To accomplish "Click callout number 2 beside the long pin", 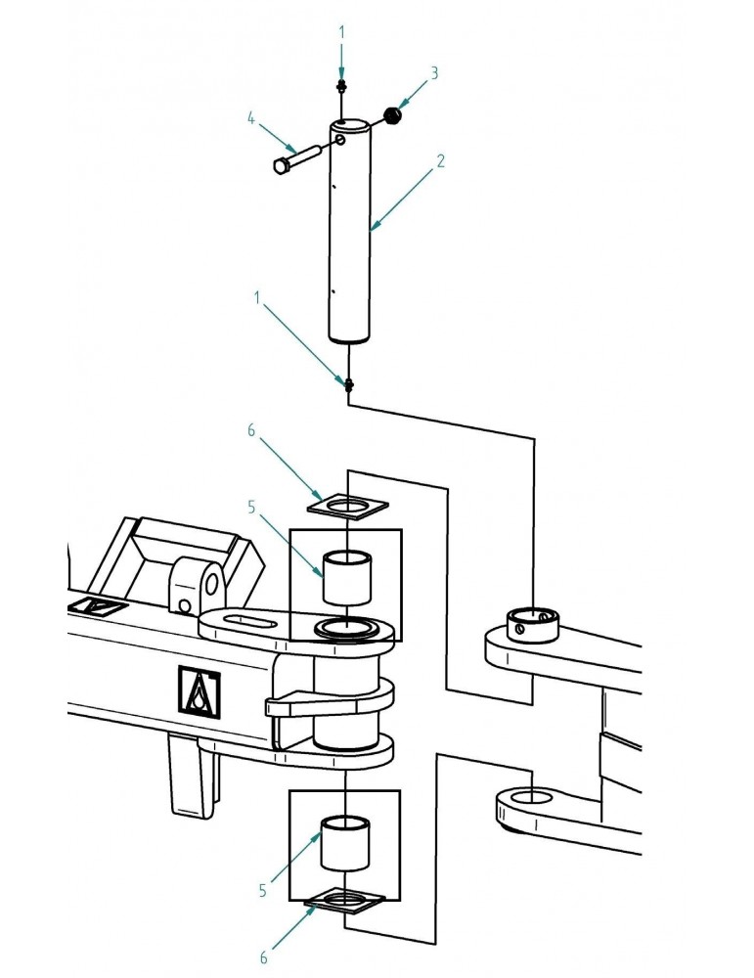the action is click(x=440, y=161).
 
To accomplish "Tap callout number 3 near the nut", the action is click(x=434, y=73).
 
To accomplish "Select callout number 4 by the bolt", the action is click(x=251, y=118).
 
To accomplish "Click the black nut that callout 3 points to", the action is click(x=392, y=115).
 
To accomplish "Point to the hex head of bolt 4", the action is click(x=280, y=165).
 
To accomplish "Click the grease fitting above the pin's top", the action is click(x=341, y=85).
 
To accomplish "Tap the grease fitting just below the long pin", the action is click(x=348, y=384).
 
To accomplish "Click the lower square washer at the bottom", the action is click(x=344, y=901).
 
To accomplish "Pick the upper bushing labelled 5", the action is click(x=346, y=578).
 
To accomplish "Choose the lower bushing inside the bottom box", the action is click(x=345, y=843).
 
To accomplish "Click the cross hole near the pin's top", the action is click(x=340, y=139).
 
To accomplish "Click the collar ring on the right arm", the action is click(x=532, y=624).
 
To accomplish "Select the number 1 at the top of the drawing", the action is click(x=341, y=32).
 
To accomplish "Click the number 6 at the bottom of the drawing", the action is click(x=263, y=957).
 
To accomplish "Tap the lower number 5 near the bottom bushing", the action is click(x=262, y=891).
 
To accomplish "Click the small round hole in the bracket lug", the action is click(x=183, y=605).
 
